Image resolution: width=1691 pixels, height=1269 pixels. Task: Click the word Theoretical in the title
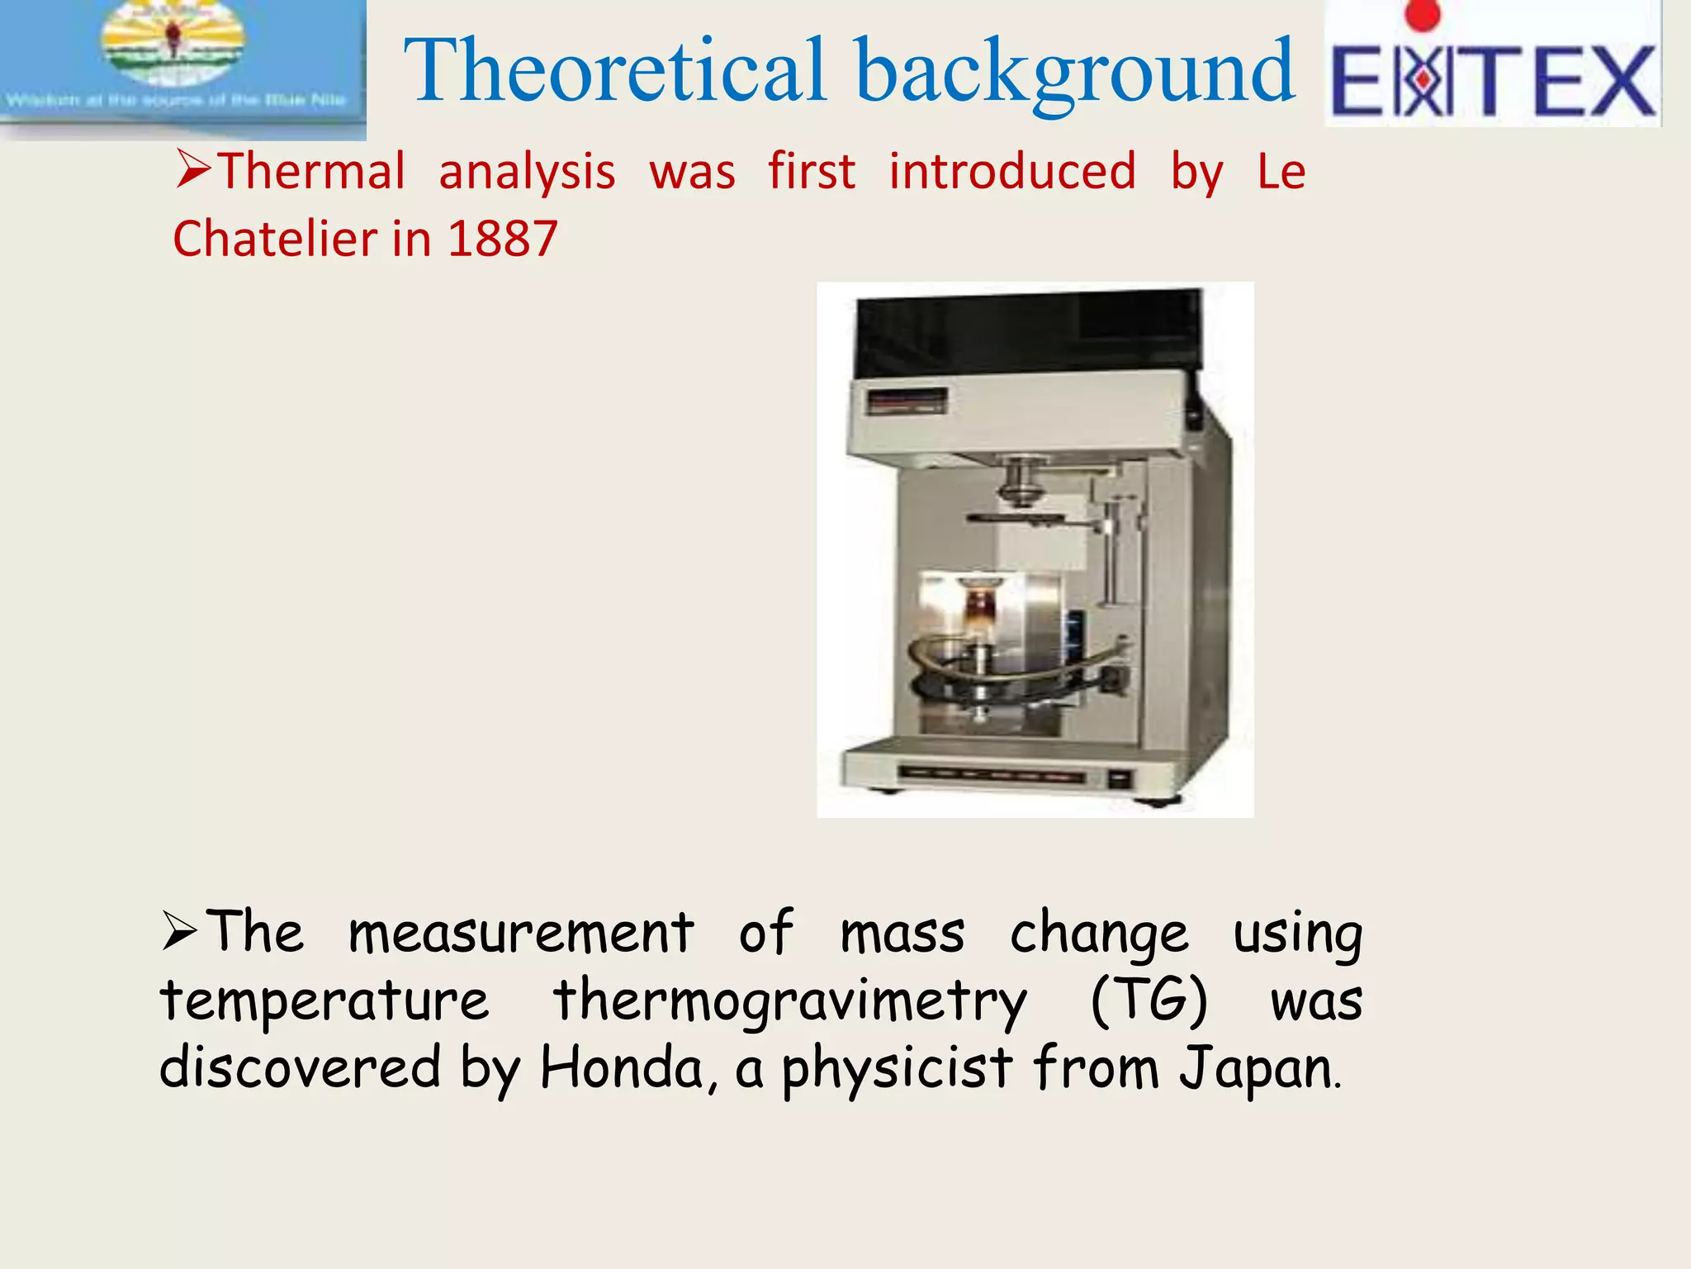pyautogui.click(x=615, y=72)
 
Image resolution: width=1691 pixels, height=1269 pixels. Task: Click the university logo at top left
pyautogui.click(x=178, y=62)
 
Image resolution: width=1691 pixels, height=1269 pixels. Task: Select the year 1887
pyautogui.click(x=503, y=240)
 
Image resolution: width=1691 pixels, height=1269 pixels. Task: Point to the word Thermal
pyautogui.click(x=312, y=172)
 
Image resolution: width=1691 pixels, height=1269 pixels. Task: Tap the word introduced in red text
pyautogui.click(x=1012, y=172)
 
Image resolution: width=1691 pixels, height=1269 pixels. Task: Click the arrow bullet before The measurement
pyautogui.click(x=179, y=932)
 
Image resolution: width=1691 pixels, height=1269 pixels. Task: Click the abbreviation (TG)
pyautogui.click(x=1149, y=1002)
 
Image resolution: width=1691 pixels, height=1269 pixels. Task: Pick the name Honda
pyautogui.click(x=622, y=1068)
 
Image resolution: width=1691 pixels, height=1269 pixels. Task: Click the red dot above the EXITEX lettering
pyautogui.click(x=1422, y=14)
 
